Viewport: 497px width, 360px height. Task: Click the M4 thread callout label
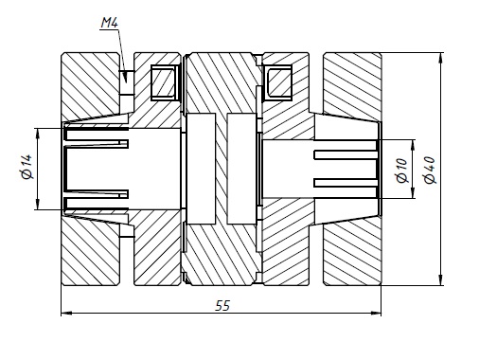[110, 23]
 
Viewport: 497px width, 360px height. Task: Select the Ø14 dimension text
[27, 167]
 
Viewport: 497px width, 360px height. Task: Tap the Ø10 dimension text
[402, 171]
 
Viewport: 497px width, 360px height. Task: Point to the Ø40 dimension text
[430, 171]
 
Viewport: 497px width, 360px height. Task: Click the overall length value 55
[222, 306]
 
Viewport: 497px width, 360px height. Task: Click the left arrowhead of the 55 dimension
[66, 314]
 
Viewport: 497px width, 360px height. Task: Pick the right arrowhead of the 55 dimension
[376, 314]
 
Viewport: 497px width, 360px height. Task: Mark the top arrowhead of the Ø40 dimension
[440, 58]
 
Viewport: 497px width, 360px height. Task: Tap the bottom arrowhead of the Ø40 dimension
[440, 280]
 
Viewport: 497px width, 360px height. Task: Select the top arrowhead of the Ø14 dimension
[38, 134]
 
